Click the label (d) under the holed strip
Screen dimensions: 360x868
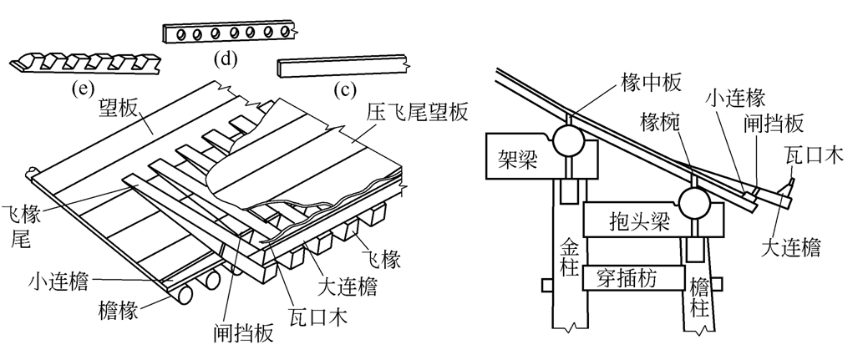226,58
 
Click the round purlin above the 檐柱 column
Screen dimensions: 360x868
694,201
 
